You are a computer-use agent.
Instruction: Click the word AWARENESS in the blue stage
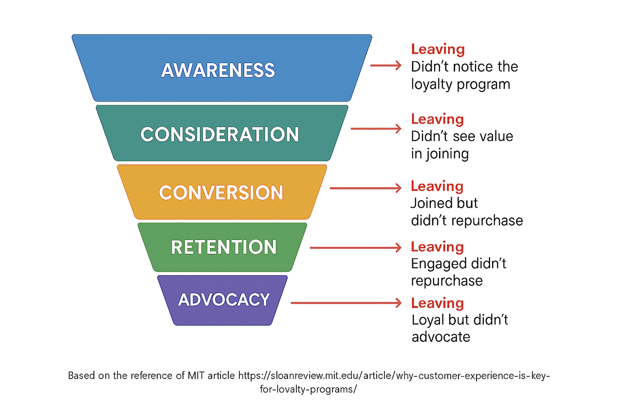tap(218, 70)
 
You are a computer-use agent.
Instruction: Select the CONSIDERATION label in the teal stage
tap(220, 134)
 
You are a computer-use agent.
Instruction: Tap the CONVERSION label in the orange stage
tap(221, 193)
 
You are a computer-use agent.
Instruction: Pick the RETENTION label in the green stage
tap(224, 247)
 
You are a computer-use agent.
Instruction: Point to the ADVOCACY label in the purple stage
tap(224, 299)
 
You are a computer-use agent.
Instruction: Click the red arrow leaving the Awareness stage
tap(385, 65)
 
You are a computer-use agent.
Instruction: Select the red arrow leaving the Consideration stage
tap(376, 128)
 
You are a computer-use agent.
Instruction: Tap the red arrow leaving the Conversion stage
tap(366, 188)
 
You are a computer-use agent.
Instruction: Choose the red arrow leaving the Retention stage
tap(355, 248)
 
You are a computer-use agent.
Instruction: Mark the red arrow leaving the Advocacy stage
tap(346, 303)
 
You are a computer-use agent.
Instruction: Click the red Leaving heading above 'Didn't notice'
tap(438, 49)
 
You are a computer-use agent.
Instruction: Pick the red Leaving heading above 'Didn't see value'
tap(438, 119)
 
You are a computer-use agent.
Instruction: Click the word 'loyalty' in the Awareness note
tap(430, 84)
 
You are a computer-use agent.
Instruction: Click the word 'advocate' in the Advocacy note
tap(441, 336)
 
